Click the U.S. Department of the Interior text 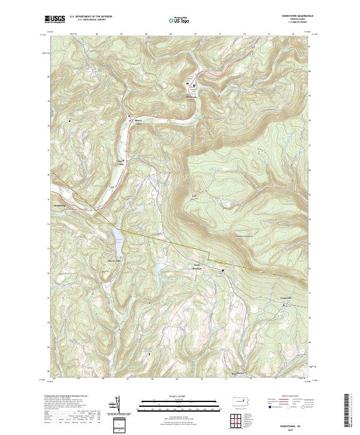point(91,17)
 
